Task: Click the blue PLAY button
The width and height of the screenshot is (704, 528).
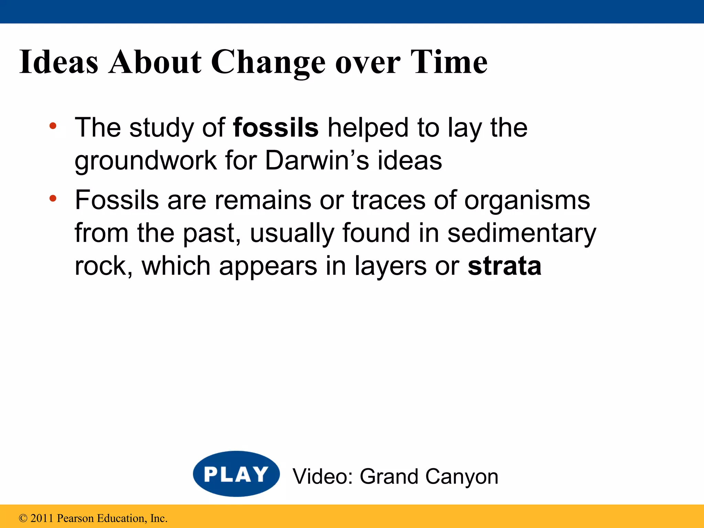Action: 236,474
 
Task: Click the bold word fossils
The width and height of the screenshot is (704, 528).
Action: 276,128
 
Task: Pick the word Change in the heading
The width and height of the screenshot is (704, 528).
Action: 268,63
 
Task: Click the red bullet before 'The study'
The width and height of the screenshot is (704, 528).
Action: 53,126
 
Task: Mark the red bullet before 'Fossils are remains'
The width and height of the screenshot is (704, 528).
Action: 53,198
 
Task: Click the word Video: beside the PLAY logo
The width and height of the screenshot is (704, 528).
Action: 322,476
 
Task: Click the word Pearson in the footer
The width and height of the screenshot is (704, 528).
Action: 75,518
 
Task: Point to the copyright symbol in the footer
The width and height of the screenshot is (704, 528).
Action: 23,518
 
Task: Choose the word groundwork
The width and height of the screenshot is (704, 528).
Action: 146,161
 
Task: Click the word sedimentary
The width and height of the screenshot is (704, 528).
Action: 521,233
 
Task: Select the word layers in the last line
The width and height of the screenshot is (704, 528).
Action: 390,266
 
